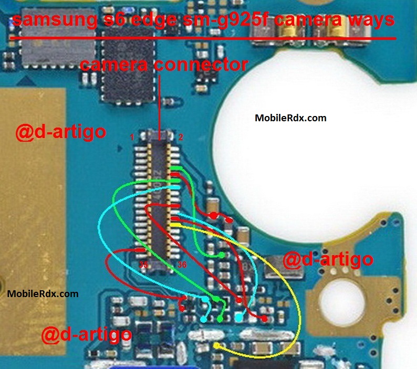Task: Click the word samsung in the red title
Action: [x=55, y=20]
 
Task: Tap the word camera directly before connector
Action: [x=114, y=65]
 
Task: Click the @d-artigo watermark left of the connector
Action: [x=61, y=132]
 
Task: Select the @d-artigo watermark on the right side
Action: [x=328, y=259]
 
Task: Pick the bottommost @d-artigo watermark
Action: [x=87, y=334]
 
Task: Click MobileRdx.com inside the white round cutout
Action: [x=290, y=118]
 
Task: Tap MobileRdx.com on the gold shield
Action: [x=43, y=294]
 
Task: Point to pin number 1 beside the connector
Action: [x=132, y=137]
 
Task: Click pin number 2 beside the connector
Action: [x=181, y=137]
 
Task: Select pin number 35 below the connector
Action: [x=143, y=265]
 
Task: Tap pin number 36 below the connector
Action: [x=182, y=265]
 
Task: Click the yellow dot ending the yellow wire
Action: [x=217, y=346]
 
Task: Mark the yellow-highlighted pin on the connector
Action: [x=175, y=225]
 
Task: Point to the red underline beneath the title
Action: [x=203, y=38]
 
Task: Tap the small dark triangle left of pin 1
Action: [x=120, y=149]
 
